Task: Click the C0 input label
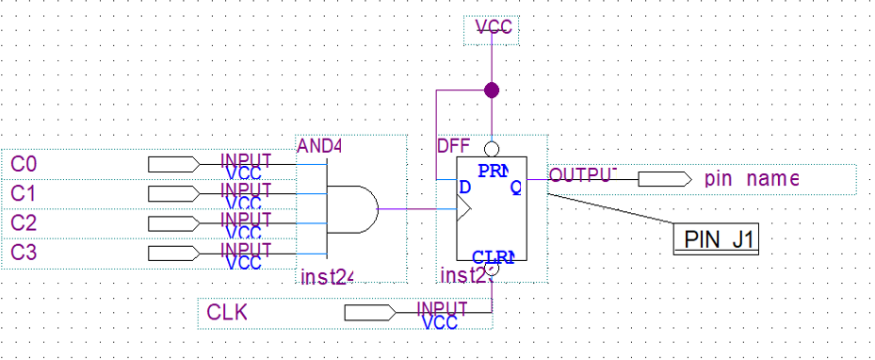[x=24, y=165]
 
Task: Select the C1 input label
[x=24, y=194]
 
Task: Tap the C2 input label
[x=24, y=223]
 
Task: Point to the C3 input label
[x=24, y=253]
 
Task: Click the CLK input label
[x=227, y=312]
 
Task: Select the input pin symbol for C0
[x=173, y=165]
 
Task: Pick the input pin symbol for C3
[x=173, y=253]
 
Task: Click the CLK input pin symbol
[x=369, y=312]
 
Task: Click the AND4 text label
[x=319, y=146]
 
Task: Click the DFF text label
[x=452, y=146]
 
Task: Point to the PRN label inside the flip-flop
[x=492, y=171]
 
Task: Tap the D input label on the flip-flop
[x=463, y=187]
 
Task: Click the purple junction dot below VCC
[x=491, y=90]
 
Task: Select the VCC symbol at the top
[x=494, y=29]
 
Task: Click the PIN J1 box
[x=717, y=238]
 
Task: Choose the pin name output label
[x=751, y=178]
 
